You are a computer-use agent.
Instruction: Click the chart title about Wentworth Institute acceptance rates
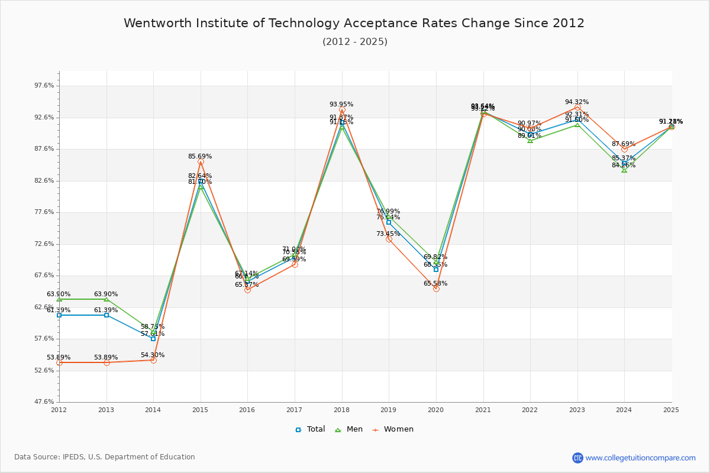coord(354,23)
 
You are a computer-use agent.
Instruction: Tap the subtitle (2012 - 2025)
coord(355,41)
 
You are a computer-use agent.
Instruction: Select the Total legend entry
coord(311,429)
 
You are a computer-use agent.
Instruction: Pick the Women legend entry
coord(393,429)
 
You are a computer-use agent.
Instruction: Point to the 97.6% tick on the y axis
coord(44,86)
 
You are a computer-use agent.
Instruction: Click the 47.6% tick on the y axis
coord(44,402)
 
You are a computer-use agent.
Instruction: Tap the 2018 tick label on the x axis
coord(341,409)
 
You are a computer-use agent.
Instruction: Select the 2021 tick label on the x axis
coord(483,409)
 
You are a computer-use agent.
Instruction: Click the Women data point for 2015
coord(201,161)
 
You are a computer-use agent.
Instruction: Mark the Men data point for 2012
coord(59,299)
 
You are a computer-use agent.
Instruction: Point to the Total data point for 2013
coord(106,315)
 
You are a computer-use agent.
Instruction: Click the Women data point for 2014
coord(153,360)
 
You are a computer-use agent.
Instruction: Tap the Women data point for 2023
coord(577,107)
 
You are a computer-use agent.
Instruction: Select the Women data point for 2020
coord(436,289)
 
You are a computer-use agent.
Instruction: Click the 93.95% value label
coord(341,105)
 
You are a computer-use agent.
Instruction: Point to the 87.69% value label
coord(624,144)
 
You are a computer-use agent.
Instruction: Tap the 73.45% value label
coord(388,234)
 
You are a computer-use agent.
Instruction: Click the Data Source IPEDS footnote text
coord(105,457)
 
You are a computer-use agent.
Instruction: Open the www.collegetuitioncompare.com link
coord(640,458)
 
